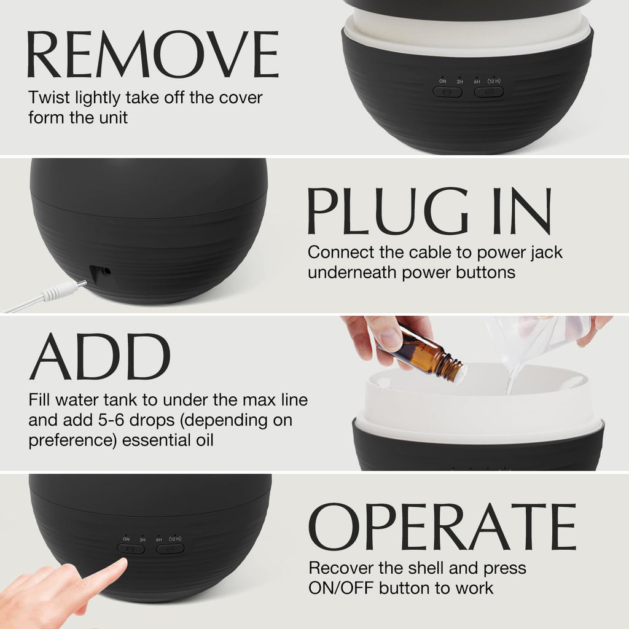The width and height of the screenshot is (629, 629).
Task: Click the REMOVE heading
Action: tap(152, 54)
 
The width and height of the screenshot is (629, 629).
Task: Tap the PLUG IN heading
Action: tap(429, 211)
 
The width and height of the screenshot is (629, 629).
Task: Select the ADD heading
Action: tap(100, 356)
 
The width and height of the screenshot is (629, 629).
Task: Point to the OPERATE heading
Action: tap(442, 526)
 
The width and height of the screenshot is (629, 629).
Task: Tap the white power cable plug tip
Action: tap(82, 284)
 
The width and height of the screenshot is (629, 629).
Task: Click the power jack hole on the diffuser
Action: tap(107, 271)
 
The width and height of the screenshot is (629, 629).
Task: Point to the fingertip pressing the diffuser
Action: tap(120, 565)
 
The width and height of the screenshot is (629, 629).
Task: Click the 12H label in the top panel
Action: tap(494, 81)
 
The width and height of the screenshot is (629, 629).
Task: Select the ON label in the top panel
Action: tap(442, 81)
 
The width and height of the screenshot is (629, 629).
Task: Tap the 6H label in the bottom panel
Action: tap(159, 539)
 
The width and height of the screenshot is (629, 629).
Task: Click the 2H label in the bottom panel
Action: tap(143, 540)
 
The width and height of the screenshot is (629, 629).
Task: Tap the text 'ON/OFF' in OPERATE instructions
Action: tap(341, 588)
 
